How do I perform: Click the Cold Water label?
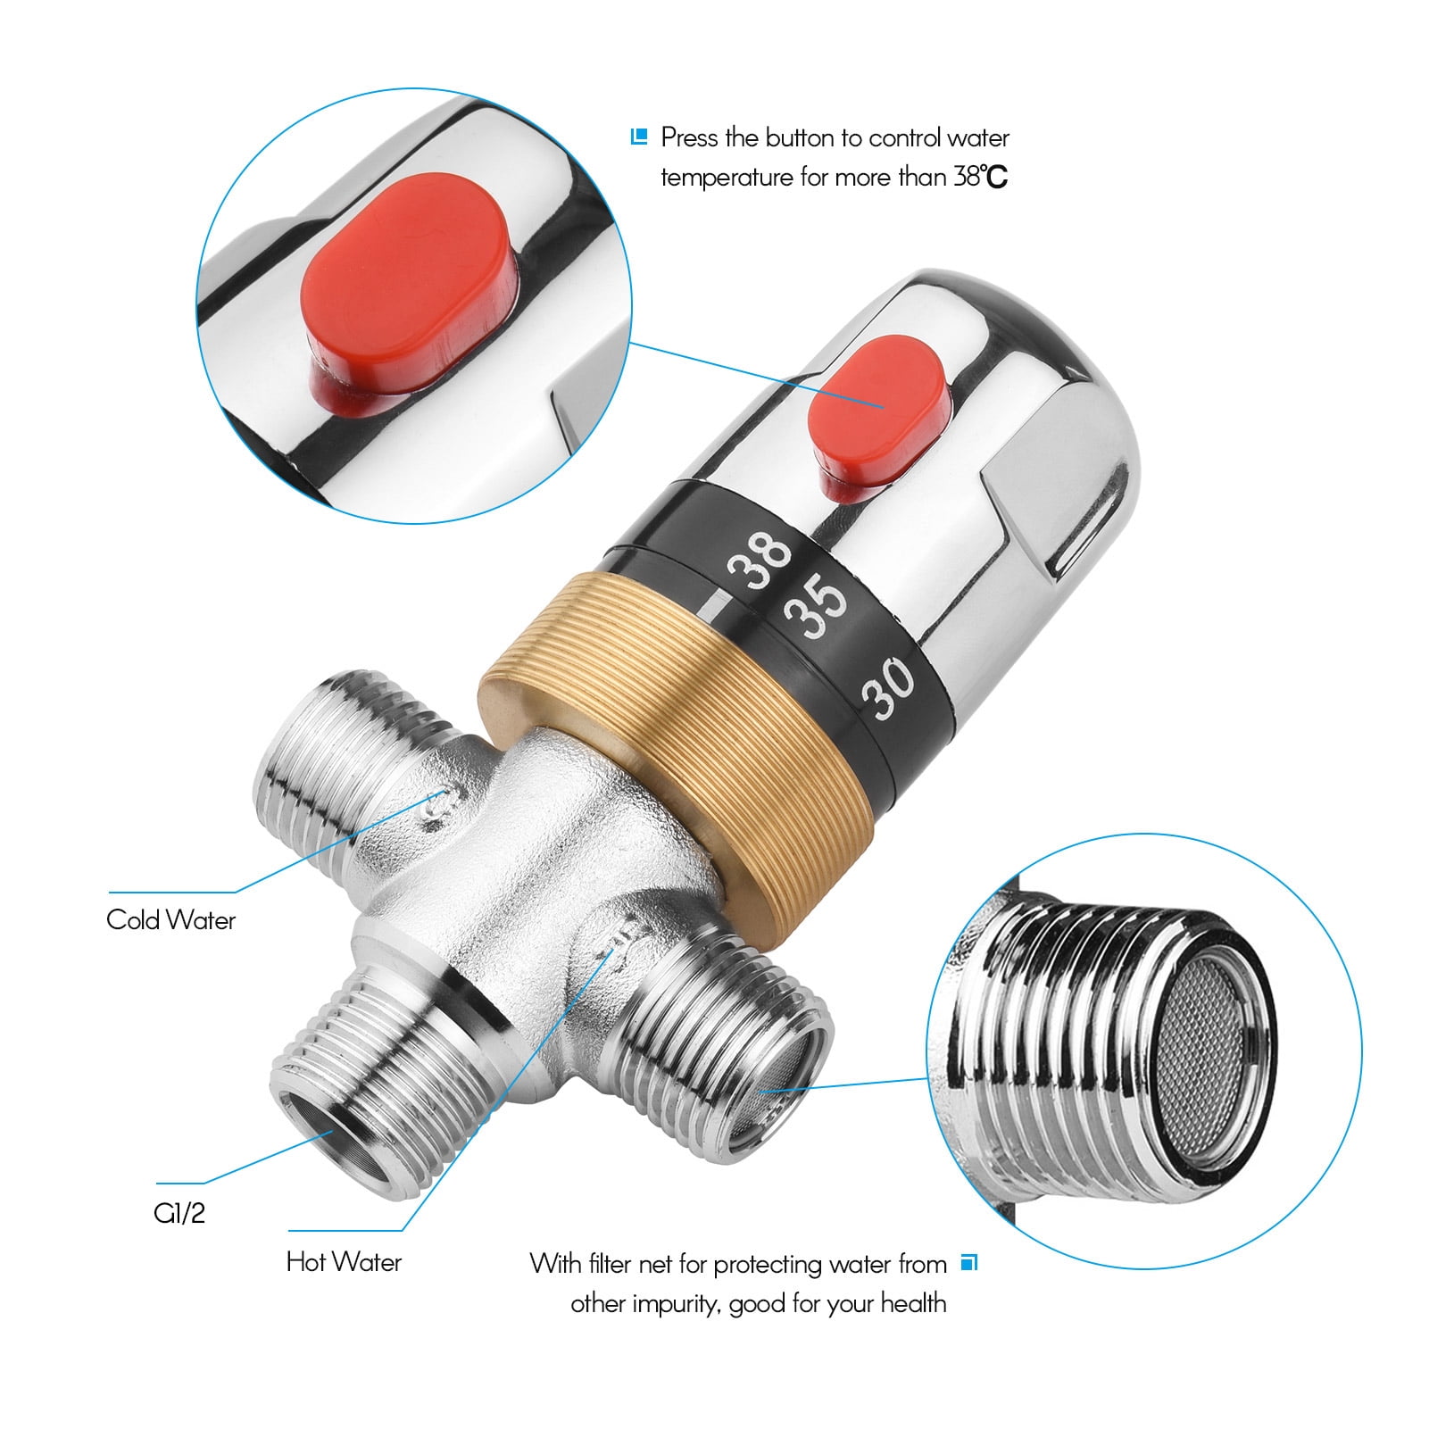point(170,920)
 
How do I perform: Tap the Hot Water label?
point(344,1262)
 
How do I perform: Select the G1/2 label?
point(179,1214)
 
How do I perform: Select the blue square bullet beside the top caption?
point(638,137)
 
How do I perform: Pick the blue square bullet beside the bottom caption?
point(970,1263)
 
